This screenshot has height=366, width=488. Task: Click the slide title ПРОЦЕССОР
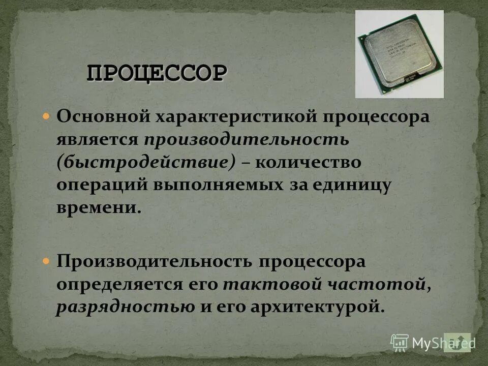157,73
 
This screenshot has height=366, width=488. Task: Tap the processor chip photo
399,54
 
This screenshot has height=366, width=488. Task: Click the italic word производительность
246,140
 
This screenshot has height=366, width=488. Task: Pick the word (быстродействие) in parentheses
146,163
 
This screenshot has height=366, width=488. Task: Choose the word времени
97,208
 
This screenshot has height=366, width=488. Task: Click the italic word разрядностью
125,307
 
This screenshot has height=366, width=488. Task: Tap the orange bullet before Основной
46,116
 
